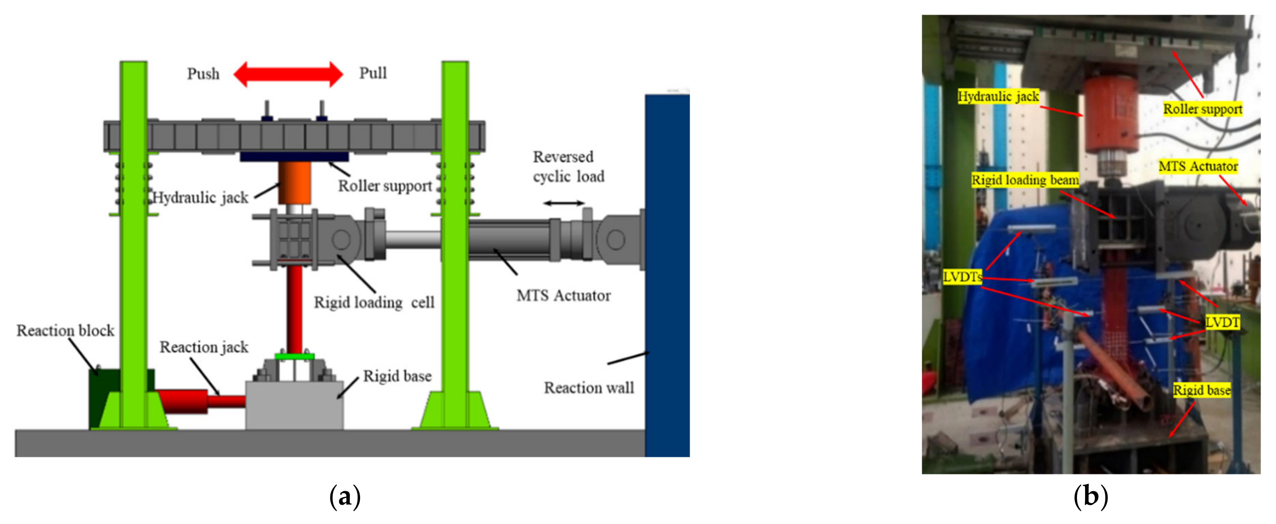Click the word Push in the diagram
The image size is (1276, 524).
point(203,74)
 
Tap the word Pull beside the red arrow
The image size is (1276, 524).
point(372,74)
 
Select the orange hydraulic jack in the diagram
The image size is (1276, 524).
point(294,182)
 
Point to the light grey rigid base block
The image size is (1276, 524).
point(294,405)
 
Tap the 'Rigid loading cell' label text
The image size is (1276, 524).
point(374,302)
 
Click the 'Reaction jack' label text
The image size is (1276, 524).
point(204,347)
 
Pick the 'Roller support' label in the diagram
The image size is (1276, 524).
point(385,186)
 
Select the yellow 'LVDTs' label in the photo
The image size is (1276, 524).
point(962,277)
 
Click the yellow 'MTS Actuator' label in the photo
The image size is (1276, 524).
point(1198,166)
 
